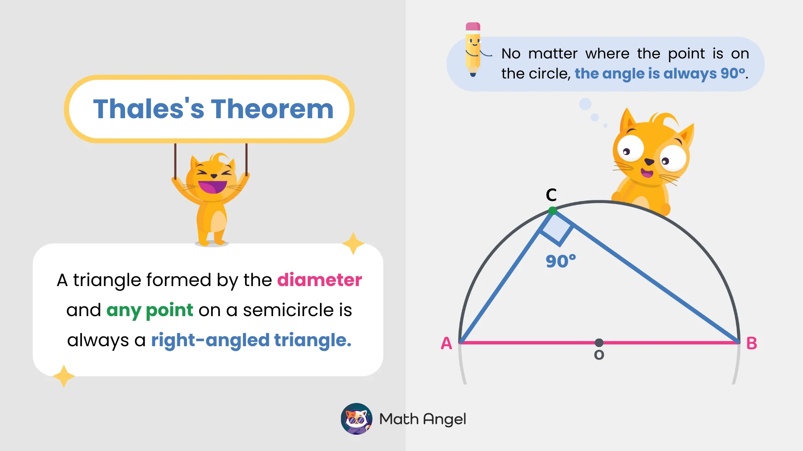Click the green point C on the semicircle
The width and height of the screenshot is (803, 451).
coord(552,211)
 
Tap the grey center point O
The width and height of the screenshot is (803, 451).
coord(599,343)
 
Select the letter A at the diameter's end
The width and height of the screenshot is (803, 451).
coord(446,343)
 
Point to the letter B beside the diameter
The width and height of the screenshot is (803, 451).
coord(752,343)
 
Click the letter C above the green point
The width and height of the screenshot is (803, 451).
coord(551,195)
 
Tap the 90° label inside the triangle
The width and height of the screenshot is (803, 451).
coord(560,261)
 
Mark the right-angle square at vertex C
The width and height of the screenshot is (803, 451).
coord(557,228)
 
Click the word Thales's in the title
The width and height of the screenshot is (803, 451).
coord(148,109)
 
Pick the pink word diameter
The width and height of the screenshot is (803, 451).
coord(320,280)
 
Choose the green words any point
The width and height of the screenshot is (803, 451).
coord(150,310)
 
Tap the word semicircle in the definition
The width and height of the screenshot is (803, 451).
coord(288,310)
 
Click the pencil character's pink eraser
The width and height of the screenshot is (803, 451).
coord(473,27)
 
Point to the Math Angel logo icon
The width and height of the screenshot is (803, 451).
coord(356,418)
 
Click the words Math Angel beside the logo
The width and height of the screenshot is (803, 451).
coord(422,419)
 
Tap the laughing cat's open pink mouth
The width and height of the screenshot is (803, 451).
coord(212,187)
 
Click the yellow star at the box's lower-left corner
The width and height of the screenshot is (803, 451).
coord(64,376)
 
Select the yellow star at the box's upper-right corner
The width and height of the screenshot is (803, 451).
coord(353,243)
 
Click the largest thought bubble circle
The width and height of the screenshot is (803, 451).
coord(585,104)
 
